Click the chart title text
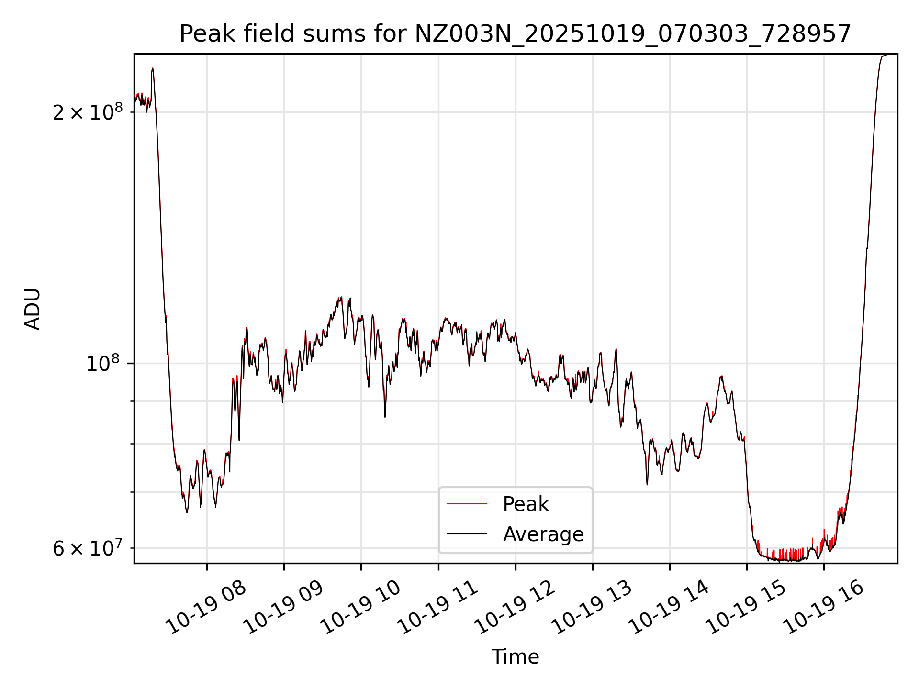(515, 34)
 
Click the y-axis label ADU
(33, 309)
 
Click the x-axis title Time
(515, 657)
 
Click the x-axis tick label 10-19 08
(206, 608)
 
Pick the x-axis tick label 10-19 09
(283, 608)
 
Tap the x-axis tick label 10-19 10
(360, 608)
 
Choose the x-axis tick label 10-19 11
(438, 608)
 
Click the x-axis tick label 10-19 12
(515, 608)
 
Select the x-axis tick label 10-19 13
(592, 608)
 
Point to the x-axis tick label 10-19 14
(669, 608)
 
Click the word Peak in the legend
(526, 504)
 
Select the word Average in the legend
(543, 534)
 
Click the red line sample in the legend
(467, 504)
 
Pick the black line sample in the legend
(467, 534)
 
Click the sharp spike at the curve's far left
(152, 70)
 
